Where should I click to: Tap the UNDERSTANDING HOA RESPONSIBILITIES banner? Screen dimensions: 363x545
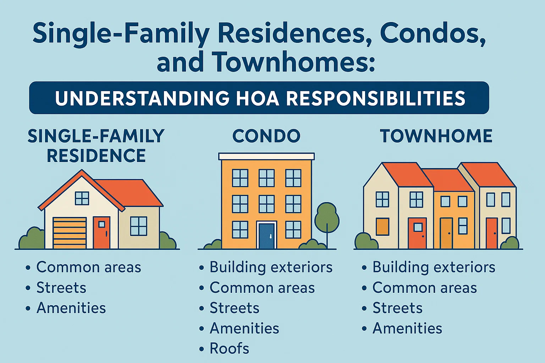point(259,98)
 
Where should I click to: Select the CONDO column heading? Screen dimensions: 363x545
point(266,136)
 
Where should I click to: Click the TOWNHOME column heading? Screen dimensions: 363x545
point(436,136)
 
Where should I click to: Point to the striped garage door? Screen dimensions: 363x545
point(70,233)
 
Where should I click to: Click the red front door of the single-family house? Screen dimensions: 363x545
point(101,233)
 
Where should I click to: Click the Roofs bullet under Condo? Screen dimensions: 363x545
point(229,349)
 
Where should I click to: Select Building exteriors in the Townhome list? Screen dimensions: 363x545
point(434,267)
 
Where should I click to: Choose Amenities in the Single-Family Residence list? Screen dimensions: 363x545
point(71,308)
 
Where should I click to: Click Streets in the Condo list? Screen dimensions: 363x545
point(235,308)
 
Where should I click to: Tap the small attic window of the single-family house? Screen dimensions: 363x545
point(82,198)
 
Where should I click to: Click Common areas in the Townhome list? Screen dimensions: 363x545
point(424,288)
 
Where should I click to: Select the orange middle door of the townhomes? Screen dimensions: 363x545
point(446,233)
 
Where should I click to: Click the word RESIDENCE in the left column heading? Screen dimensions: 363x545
point(96,156)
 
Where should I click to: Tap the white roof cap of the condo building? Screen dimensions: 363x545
point(266,156)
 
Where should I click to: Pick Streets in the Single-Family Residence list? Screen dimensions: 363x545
point(61,288)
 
